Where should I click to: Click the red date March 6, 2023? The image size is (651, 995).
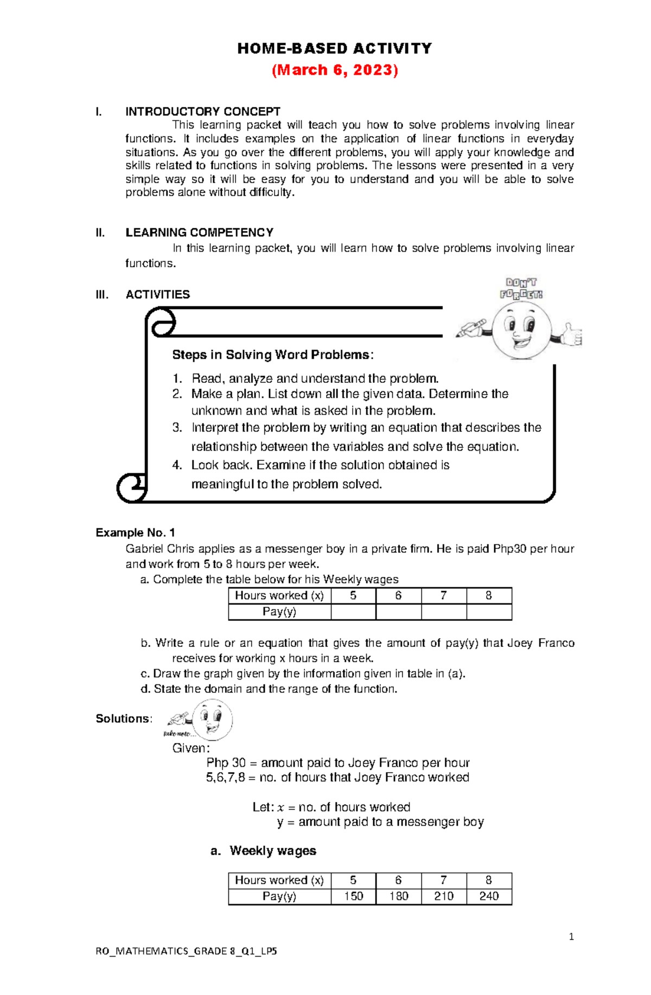pos(335,70)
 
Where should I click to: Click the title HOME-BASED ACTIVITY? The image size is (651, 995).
pos(335,49)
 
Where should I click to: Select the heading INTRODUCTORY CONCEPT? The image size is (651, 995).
pos(202,112)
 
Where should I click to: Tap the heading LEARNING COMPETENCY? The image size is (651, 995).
pos(199,233)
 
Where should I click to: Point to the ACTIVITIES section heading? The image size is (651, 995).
pos(157,294)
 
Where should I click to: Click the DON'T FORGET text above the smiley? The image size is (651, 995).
pos(521,288)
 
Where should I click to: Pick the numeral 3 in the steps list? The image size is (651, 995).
pos(177,427)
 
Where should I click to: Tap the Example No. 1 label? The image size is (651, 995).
pos(135,532)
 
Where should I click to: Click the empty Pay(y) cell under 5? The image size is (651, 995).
pos(353,612)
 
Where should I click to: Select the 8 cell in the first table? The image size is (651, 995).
pos(488,595)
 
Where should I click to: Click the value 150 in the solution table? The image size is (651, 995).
pos(353,896)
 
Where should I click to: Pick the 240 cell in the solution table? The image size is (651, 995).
pos(488,896)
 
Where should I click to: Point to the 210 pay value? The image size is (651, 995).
pos(443,896)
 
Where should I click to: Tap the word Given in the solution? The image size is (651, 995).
pos(190,748)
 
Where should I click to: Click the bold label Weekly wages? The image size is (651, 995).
pos(272,850)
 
